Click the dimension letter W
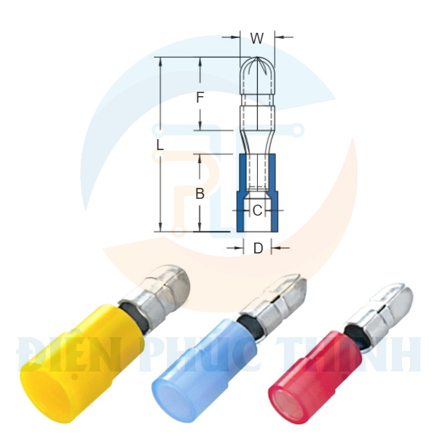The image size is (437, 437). tap(256, 39)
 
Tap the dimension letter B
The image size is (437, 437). tap(199, 194)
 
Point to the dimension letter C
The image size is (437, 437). tap(257, 211)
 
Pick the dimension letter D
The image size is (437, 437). tap(258, 248)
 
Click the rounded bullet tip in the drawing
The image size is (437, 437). tap(256, 73)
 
